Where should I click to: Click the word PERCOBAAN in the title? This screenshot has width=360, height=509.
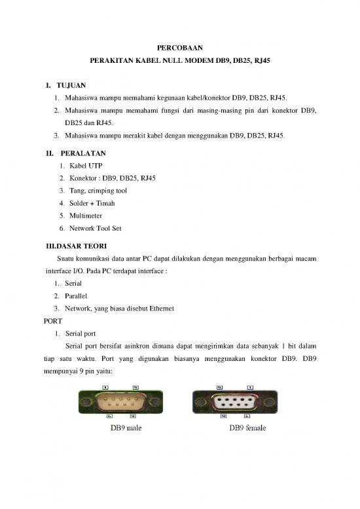pos(179,47)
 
